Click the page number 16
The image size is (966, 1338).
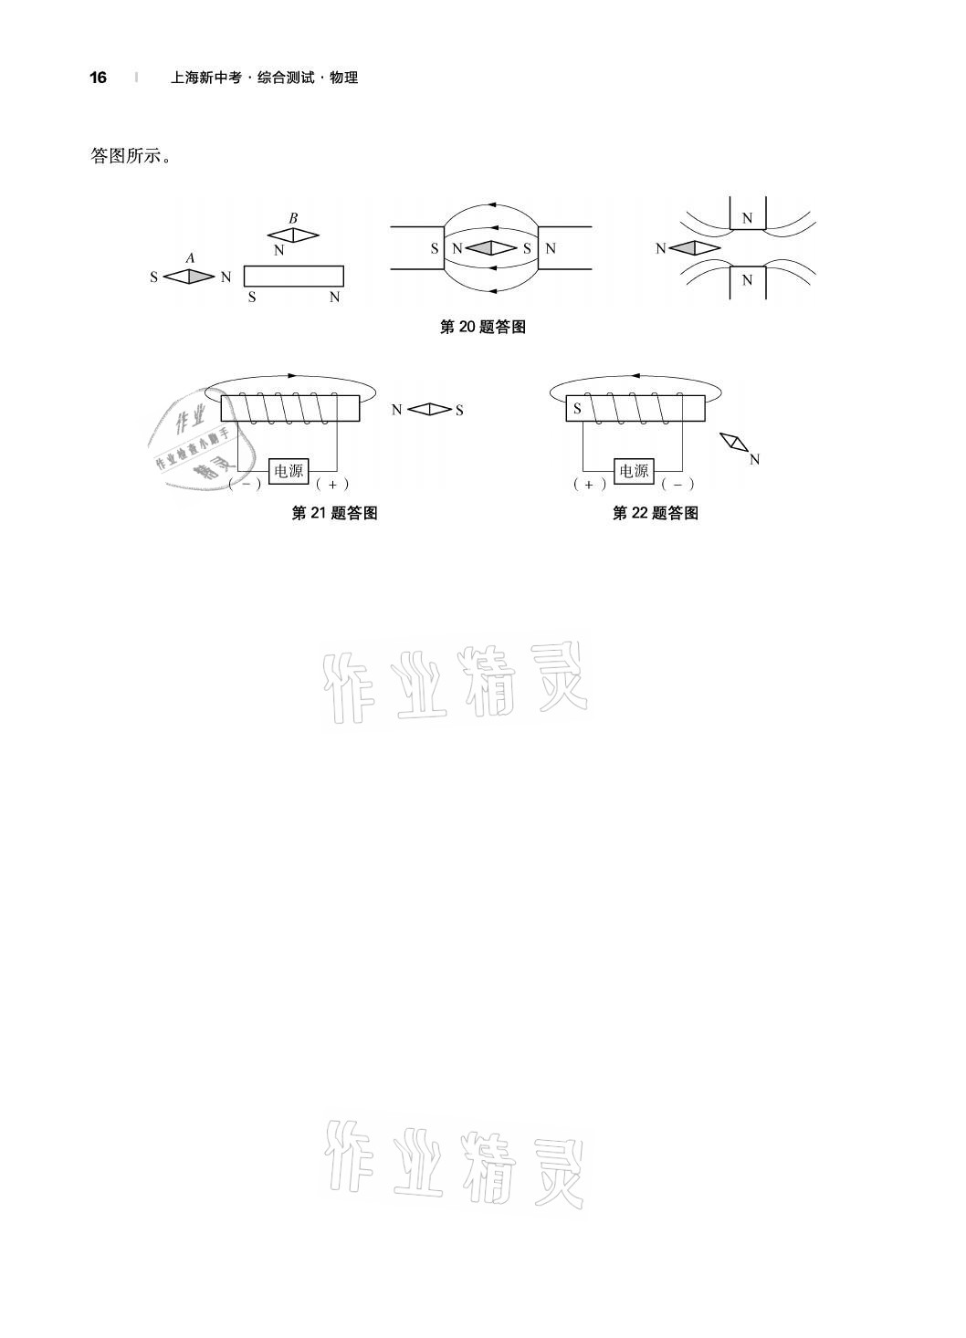point(98,78)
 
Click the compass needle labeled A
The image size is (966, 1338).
point(189,276)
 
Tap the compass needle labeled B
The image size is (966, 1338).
point(293,235)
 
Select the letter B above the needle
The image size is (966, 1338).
point(293,218)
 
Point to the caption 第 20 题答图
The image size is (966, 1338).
point(482,327)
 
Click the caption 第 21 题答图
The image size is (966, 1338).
point(334,513)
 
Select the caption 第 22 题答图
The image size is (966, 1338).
point(655,513)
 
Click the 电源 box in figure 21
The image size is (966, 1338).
point(289,471)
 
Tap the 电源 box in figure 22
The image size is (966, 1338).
point(634,471)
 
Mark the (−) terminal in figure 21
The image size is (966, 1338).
point(246,485)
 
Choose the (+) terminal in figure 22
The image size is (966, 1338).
point(589,485)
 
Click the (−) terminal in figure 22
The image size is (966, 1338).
point(677,485)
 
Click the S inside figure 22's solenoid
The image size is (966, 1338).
point(577,409)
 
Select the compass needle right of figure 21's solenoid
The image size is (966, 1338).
point(428,410)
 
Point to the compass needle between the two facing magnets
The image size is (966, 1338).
point(493,247)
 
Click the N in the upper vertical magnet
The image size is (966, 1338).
point(747,219)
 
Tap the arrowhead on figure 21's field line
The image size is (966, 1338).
point(291,375)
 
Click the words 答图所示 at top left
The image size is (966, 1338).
point(131,156)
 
